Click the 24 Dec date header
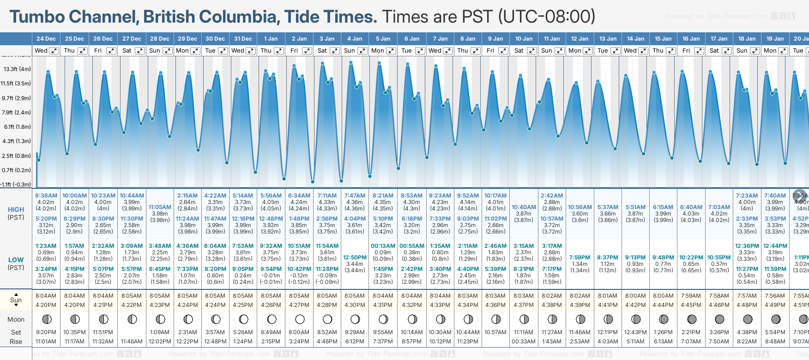click(46, 39)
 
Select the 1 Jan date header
click(271, 39)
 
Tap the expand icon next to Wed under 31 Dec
click(251, 51)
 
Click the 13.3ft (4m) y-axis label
click(17, 69)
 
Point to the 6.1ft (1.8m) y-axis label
click(17, 126)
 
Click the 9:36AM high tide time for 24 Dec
click(46, 196)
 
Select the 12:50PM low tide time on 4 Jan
click(355, 258)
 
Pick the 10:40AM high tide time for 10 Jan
click(524, 207)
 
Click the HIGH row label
click(16, 210)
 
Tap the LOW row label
click(16, 260)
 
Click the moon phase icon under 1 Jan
click(272, 319)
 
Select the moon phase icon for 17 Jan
click(719, 319)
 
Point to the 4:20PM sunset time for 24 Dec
click(46, 305)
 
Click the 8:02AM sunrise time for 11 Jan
click(552, 295)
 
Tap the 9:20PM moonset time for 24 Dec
click(46, 332)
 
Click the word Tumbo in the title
click(38, 17)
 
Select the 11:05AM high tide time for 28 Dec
click(160, 207)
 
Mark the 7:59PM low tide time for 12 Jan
click(580, 258)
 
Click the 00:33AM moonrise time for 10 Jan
click(524, 342)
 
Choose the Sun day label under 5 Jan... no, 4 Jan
click(350, 51)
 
